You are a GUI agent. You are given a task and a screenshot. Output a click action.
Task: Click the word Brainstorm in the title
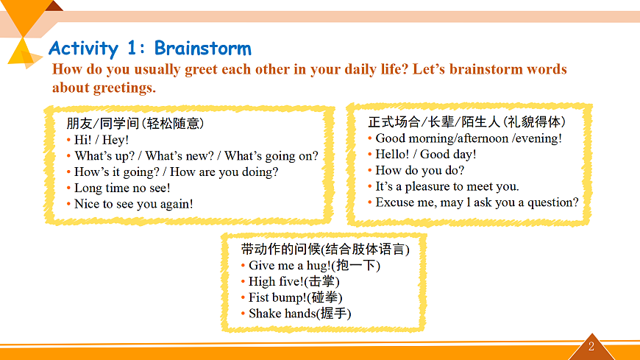pos(203,48)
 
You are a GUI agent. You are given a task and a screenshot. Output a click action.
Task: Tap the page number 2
pos(591,347)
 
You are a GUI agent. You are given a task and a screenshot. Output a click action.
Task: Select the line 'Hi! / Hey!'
pos(102,140)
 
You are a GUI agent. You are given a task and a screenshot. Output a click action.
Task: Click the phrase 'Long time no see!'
pos(122,188)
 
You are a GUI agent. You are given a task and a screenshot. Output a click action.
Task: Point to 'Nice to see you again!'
pos(133,203)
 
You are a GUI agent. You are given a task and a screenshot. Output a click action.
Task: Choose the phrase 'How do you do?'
pos(419,170)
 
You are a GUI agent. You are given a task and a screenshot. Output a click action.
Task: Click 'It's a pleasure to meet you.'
pos(447,186)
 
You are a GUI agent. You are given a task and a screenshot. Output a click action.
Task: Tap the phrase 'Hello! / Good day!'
pos(426,154)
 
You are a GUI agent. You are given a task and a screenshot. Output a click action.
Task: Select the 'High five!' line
pos(294,281)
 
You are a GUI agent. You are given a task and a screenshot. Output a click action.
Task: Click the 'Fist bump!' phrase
pos(296,297)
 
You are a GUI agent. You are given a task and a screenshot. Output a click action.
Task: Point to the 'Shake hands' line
pos(300,313)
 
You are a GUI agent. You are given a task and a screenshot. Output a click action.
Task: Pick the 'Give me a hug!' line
pos(314,265)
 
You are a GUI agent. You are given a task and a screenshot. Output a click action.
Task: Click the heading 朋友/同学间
pos(103,123)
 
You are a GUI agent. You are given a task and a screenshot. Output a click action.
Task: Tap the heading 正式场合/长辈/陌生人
pos(434,121)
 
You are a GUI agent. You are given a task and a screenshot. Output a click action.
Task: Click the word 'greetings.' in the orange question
pos(124,88)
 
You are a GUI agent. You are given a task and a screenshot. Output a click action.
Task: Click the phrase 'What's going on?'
pos(271,155)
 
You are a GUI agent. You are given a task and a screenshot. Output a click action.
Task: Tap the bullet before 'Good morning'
pos(370,138)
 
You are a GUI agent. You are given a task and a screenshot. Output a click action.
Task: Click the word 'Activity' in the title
pos(84,49)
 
